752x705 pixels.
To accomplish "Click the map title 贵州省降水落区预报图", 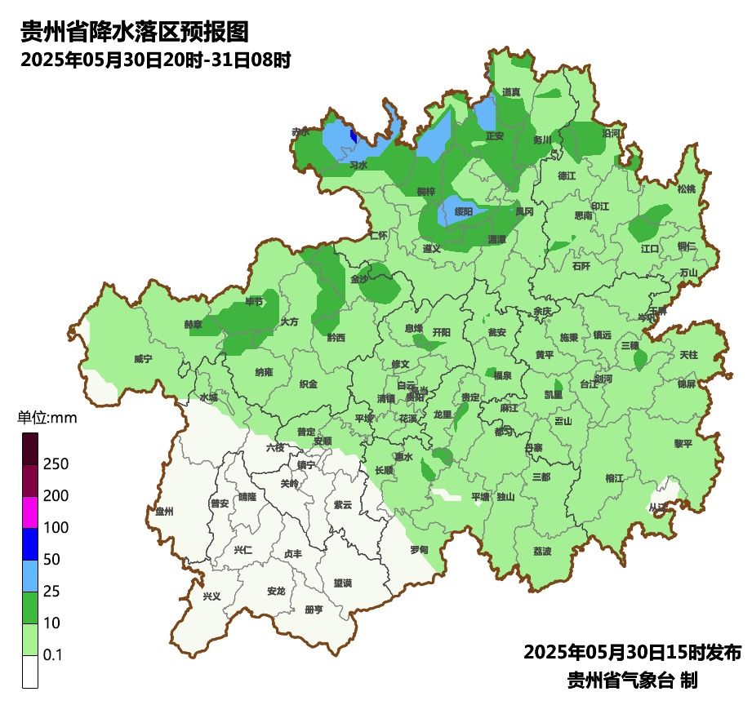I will [x=134, y=33].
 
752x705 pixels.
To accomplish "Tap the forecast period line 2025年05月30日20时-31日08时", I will [x=155, y=60].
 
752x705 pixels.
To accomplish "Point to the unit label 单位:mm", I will [x=47, y=419].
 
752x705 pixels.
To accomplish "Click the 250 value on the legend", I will [x=56, y=464].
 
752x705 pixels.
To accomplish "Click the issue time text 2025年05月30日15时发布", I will [x=632, y=653].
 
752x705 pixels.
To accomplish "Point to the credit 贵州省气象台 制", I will [x=632, y=680].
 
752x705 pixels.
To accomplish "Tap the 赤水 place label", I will [x=300, y=131].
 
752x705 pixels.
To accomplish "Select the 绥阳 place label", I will [x=463, y=212].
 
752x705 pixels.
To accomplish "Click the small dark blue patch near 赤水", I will [x=353, y=135].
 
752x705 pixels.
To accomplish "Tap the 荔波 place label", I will [x=542, y=552].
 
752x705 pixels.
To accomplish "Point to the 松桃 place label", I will [x=686, y=189].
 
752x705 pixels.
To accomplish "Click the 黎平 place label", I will [x=683, y=444].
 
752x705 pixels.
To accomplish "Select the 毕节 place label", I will [x=255, y=302].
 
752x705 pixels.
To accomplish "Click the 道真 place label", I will [x=512, y=92].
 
